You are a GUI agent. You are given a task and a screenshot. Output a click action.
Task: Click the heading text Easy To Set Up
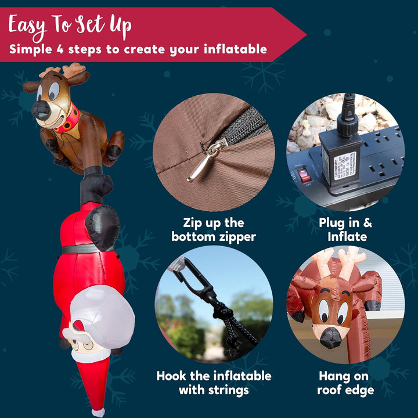pyautogui.click(x=70, y=25)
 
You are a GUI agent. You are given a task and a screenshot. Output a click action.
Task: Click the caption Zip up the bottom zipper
pyautogui.click(x=213, y=229)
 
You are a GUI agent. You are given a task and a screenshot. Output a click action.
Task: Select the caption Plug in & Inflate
pyautogui.click(x=345, y=229)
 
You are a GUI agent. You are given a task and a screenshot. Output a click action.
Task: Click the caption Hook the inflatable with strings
pyautogui.click(x=213, y=383)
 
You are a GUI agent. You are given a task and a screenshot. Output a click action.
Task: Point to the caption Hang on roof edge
pyautogui.click(x=345, y=383)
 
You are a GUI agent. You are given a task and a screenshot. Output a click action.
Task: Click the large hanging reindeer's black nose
pyautogui.click(x=41, y=110)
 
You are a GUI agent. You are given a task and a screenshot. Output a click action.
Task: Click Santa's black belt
pyautogui.click(x=81, y=248)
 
